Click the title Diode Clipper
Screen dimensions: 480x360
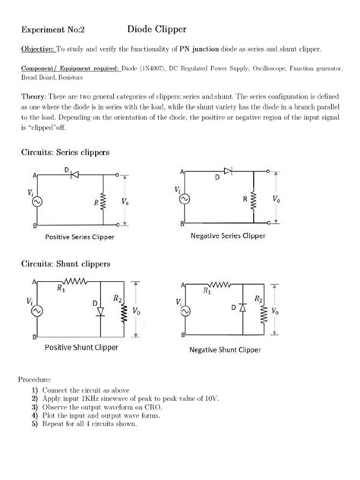click(154, 27)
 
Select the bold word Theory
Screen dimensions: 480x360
click(33, 98)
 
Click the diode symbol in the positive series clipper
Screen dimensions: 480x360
click(75, 174)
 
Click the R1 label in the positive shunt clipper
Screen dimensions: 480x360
click(61, 289)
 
